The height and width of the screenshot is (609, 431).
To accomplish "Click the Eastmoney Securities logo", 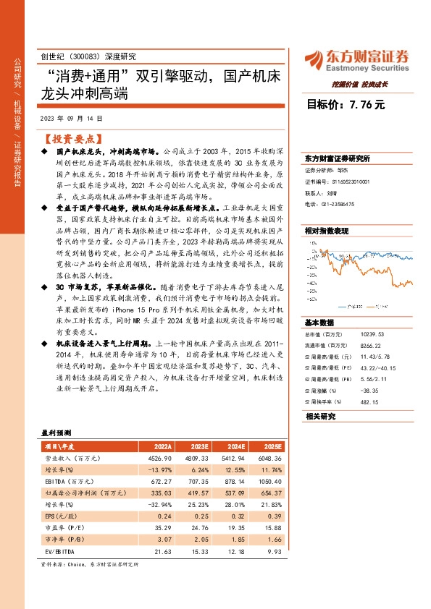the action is click(357, 59).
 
